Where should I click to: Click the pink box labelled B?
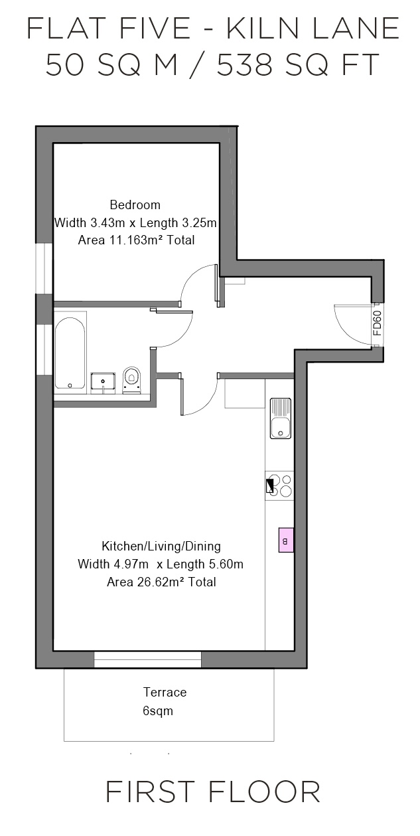286,541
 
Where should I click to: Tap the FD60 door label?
377,325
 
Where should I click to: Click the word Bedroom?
135,205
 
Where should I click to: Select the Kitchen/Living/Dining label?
161,546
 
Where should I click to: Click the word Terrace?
165,693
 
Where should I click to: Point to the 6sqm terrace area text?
158,711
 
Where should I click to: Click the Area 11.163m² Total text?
136,240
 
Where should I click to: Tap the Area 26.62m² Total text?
161,582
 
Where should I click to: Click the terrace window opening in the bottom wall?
147,659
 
